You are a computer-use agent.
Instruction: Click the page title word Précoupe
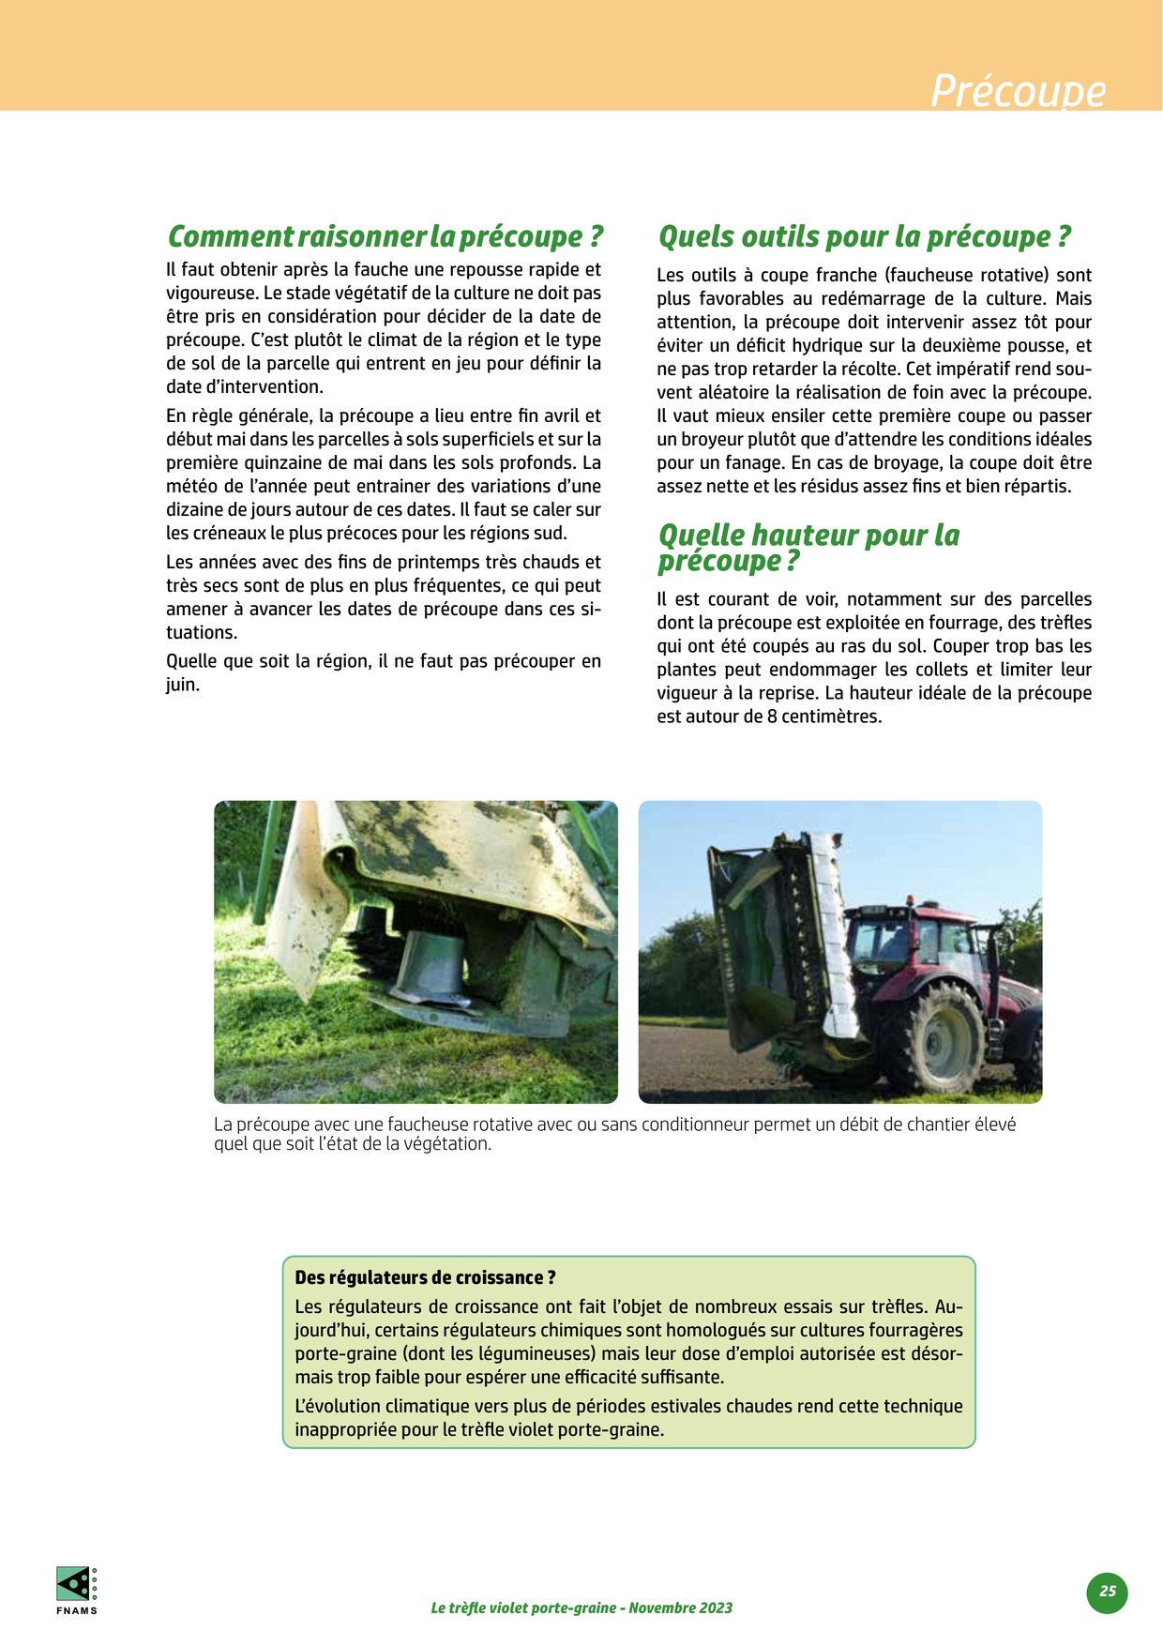pyautogui.click(x=1018, y=91)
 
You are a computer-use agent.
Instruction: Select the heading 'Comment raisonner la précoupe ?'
pyautogui.click(x=385, y=236)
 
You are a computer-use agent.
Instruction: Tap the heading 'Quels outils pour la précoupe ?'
pyautogui.click(x=864, y=236)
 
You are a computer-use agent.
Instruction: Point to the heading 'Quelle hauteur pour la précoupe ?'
pyautogui.click(x=808, y=547)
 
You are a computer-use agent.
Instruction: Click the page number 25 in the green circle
pyautogui.click(x=1108, y=1591)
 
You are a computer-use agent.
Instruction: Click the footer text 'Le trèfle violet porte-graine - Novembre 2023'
pyautogui.click(x=581, y=1607)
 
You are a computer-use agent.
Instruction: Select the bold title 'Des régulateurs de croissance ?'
pyautogui.click(x=425, y=1277)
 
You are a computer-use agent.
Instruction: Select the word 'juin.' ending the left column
pyautogui.click(x=183, y=685)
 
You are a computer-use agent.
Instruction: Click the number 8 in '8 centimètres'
pyautogui.click(x=773, y=717)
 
